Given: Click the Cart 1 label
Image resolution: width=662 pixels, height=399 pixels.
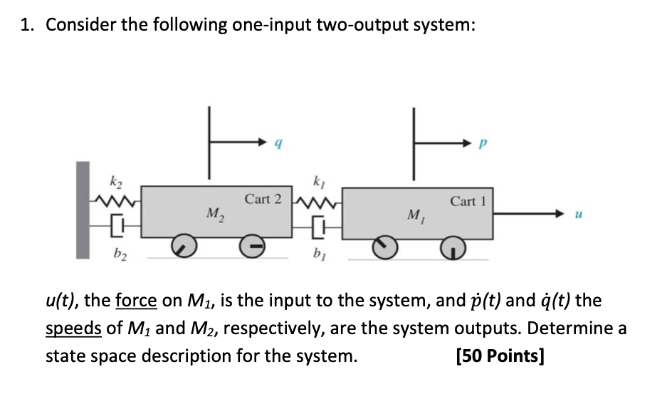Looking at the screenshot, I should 467,201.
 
